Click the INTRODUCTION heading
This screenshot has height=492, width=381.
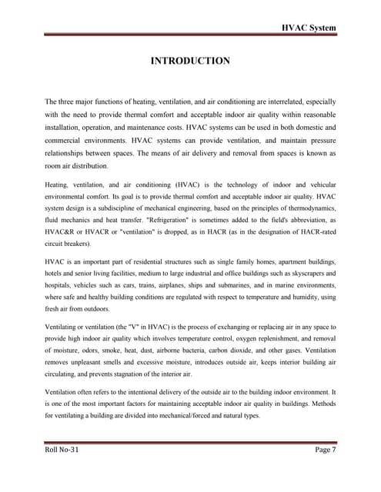click(x=190, y=60)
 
